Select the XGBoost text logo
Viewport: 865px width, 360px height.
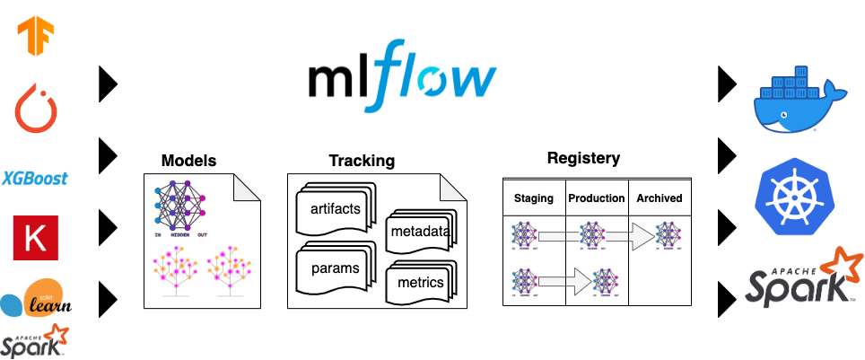point(35,178)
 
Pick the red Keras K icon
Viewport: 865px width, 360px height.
point(35,239)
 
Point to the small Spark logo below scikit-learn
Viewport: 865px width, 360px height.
point(35,341)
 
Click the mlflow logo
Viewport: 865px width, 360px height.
point(401,77)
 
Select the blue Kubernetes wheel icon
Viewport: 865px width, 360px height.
point(794,195)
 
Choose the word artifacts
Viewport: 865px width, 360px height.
point(335,209)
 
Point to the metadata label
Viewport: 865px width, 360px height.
point(419,233)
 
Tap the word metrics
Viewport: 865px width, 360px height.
point(420,284)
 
